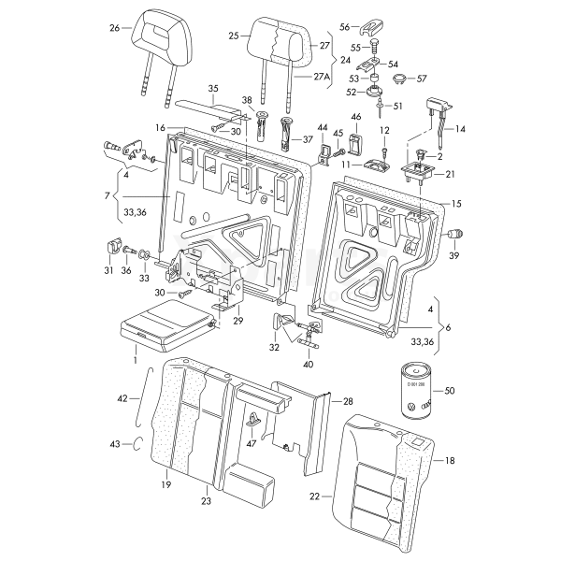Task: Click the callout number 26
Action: point(115,29)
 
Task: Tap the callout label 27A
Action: point(322,78)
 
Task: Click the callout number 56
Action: point(343,27)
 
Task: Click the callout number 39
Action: point(453,256)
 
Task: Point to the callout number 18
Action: point(450,461)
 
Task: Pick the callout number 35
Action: point(213,90)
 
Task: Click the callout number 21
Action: point(450,174)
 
